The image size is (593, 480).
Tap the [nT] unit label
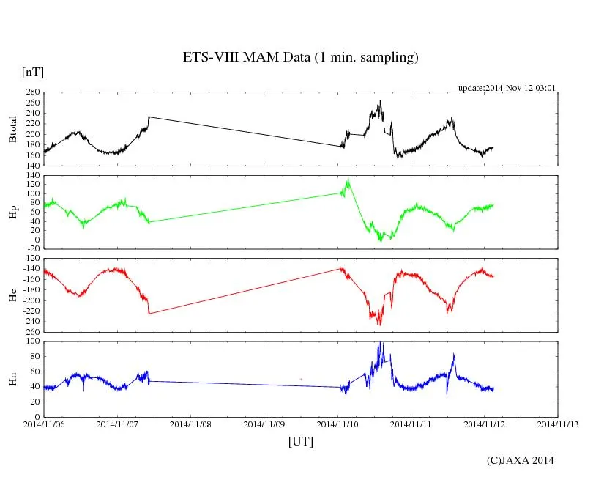pyautogui.click(x=33, y=73)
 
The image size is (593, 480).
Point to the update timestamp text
pyautogui.click(x=507, y=88)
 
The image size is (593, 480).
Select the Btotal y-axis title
pyautogui.click(x=13, y=130)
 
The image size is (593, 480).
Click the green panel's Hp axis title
pyautogui.click(x=13, y=213)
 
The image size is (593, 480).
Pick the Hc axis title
pyautogui.click(x=13, y=295)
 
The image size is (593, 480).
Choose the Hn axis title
pyautogui.click(x=13, y=379)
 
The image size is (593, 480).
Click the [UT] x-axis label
pyautogui.click(x=301, y=441)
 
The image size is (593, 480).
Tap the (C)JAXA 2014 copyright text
pyautogui.click(x=521, y=460)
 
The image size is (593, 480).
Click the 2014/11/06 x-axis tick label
pyautogui.click(x=44, y=424)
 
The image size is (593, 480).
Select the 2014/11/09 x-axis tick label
pyautogui.click(x=264, y=424)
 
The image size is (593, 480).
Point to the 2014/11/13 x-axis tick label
pyautogui.click(x=558, y=424)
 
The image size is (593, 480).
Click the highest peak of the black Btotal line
pyautogui.click(x=380, y=101)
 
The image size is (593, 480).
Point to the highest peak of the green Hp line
pyautogui.click(x=348, y=179)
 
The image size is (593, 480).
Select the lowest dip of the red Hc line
pyautogui.click(x=379, y=325)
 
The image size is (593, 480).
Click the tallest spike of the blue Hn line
pyautogui.click(x=380, y=342)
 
